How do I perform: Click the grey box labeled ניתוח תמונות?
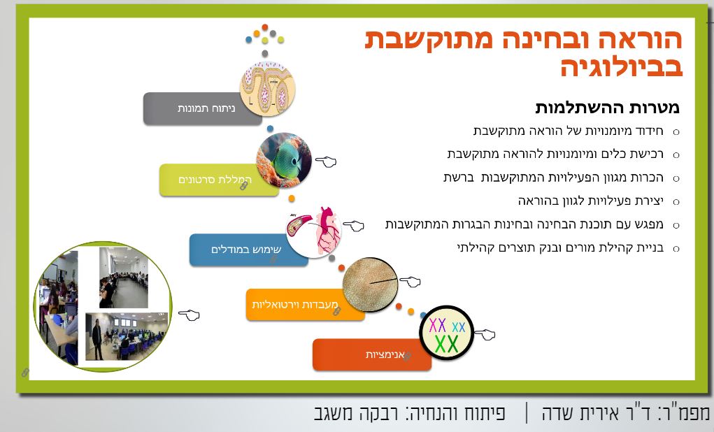tap(202, 109)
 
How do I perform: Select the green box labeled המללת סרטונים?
tap(219, 180)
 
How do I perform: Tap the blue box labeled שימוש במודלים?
tap(249, 250)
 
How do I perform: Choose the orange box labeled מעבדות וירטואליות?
tap(305, 305)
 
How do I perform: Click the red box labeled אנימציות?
tap(371, 354)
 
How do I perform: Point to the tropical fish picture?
tap(284, 160)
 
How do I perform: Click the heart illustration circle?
tap(314, 231)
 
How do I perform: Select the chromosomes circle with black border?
tap(447, 333)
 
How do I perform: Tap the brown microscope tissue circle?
tap(370, 285)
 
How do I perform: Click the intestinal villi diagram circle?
tap(268, 89)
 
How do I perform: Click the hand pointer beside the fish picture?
tap(326, 161)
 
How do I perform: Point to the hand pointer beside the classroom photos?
tap(189, 315)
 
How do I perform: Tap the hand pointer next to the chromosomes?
tap(485, 334)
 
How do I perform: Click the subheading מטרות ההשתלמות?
tap(608, 108)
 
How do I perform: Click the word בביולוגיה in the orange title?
tap(622, 66)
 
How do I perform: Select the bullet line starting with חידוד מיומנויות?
tap(569, 131)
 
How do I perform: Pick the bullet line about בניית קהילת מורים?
tap(561, 248)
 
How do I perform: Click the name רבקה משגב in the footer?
tap(356, 413)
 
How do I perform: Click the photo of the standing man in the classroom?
tap(126, 336)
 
